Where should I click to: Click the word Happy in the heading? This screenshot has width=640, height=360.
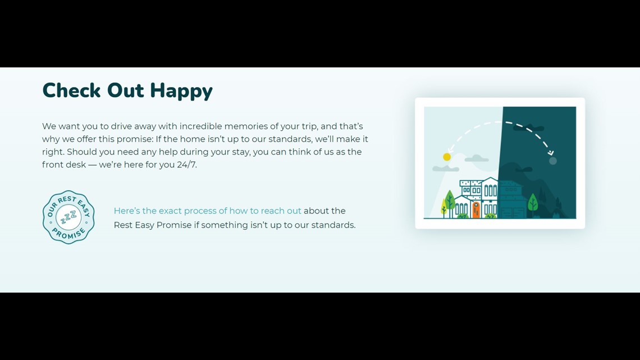pyautogui.click(x=181, y=91)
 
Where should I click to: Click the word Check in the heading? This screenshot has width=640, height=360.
pyautogui.click(x=71, y=90)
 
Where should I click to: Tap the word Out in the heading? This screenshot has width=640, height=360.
pyautogui.click(x=125, y=90)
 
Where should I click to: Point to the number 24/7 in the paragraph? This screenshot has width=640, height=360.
pyautogui.click(x=186, y=165)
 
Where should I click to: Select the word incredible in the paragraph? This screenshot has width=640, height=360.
pyautogui.click(x=200, y=126)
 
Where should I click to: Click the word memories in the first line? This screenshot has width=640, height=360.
pyautogui.click(x=246, y=126)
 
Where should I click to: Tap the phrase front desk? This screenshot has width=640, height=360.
pyautogui.click(x=64, y=165)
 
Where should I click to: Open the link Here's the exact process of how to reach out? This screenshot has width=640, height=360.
pyautogui.click(x=207, y=211)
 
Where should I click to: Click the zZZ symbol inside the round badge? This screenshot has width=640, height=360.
pyautogui.click(x=68, y=217)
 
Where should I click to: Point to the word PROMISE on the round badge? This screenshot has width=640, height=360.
pyautogui.click(x=69, y=234)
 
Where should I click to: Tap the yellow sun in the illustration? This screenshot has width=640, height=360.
pyautogui.click(x=447, y=157)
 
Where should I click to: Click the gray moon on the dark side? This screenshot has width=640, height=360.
pyautogui.click(x=552, y=161)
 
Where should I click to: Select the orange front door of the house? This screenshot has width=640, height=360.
pyautogui.click(x=476, y=209)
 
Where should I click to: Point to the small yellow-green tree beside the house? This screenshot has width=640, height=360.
pyautogui.click(x=444, y=207)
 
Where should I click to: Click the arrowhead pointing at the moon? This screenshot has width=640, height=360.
pyautogui.click(x=551, y=153)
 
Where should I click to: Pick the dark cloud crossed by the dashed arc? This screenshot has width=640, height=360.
pyautogui.click(x=529, y=127)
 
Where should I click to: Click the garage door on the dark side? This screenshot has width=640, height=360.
pyautogui.click(x=513, y=213)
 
